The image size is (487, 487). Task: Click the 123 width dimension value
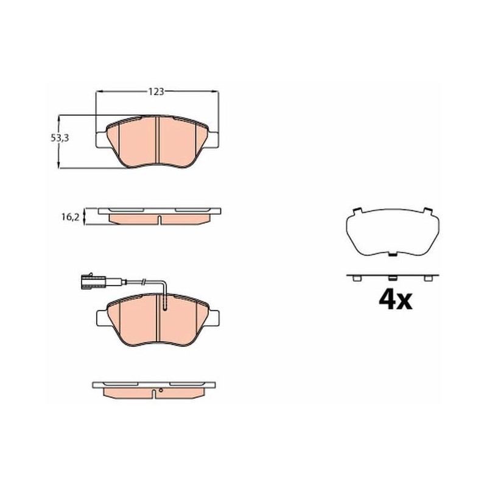(x=156, y=92)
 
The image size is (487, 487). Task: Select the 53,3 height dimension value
(x=60, y=138)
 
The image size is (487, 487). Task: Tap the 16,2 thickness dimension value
(x=71, y=217)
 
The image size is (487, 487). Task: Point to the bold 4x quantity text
(x=395, y=300)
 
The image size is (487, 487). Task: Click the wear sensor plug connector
(x=93, y=281)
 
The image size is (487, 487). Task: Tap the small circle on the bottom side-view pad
(x=161, y=390)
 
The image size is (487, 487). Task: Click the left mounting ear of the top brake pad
(x=102, y=140)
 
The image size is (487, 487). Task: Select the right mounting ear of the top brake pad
(x=213, y=140)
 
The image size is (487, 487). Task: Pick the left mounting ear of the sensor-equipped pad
(x=102, y=318)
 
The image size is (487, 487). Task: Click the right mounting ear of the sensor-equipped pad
(x=214, y=318)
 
